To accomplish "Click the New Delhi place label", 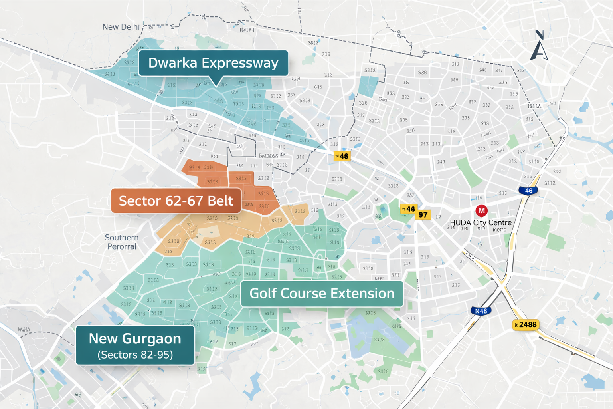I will click(x=121, y=27).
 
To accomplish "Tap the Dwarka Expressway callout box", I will click(x=213, y=63).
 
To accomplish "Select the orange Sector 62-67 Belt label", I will click(x=176, y=201).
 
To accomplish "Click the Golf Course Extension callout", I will click(x=322, y=294).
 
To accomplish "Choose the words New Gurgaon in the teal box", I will click(x=135, y=339).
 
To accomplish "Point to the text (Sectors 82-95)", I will click(x=135, y=355).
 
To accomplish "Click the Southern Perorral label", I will click(x=121, y=242).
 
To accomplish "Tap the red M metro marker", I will click(x=481, y=210).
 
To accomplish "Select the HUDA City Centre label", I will click(x=481, y=222).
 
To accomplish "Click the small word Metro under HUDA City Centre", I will click(x=499, y=230).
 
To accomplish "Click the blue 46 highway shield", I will click(x=528, y=191).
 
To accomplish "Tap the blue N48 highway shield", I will click(x=481, y=311).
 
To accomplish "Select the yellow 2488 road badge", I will click(x=526, y=325).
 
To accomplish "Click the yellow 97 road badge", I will click(x=423, y=215).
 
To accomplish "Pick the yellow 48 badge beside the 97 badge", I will click(x=408, y=209).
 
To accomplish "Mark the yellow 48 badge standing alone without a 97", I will click(x=342, y=156).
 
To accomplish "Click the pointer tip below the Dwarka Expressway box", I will click(x=217, y=85).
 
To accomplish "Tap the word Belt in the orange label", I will click(x=220, y=201).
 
